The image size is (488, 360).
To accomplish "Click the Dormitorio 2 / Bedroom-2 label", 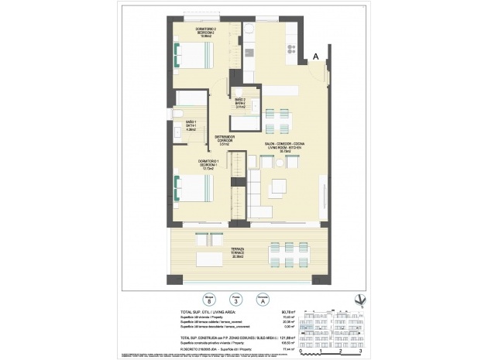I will click(204, 32).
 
